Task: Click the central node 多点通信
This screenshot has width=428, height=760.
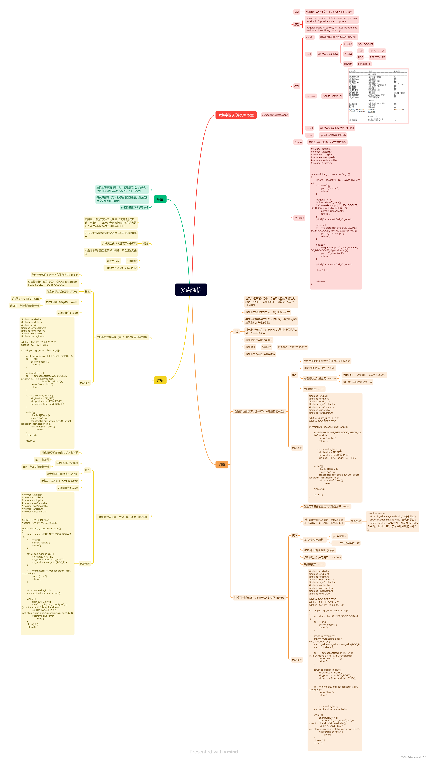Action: tap(191, 290)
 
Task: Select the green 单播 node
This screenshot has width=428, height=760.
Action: tap(160, 199)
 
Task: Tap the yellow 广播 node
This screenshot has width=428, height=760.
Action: tap(160, 380)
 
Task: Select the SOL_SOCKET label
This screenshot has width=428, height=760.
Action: tap(365, 44)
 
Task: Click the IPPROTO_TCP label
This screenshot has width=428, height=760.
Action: tap(377, 51)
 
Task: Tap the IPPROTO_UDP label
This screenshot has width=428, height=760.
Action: tap(377, 57)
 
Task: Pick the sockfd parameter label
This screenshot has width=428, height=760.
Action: tap(310, 37)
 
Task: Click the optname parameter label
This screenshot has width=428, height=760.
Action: tap(311, 96)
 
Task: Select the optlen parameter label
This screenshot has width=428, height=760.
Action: tap(310, 135)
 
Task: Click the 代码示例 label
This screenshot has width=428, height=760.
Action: tap(299, 218)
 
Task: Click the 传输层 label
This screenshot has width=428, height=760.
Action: tap(348, 54)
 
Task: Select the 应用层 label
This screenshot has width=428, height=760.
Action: tap(348, 44)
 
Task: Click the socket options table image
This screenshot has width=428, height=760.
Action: tap(378, 96)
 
